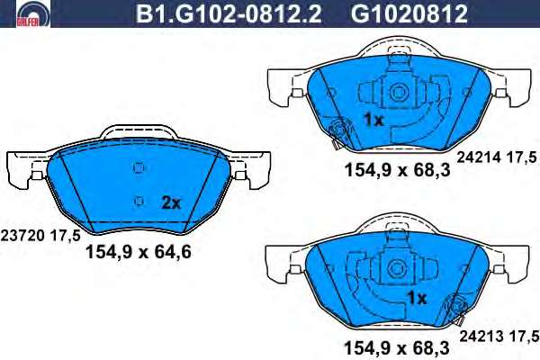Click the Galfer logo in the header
click(33, 13)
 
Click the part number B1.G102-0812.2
click(229, 13)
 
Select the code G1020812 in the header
click(409, 13)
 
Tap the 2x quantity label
click(171, 202)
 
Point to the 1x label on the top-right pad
click(373, 120)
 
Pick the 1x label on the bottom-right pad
click(417, 298)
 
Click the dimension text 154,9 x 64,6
click(138, 252)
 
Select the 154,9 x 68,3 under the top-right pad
click(398, 170)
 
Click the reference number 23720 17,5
click(40, 236)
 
